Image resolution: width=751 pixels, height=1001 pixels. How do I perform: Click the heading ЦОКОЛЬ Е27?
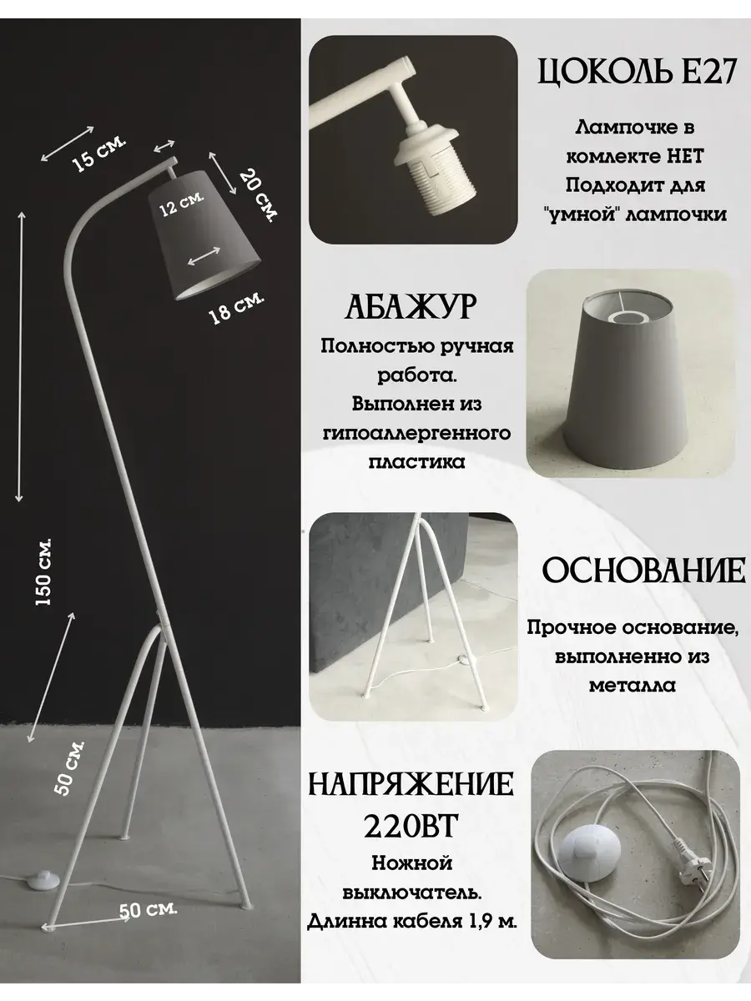click(x=637, y=72)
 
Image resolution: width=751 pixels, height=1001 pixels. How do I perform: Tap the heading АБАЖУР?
click(x=411, y=306)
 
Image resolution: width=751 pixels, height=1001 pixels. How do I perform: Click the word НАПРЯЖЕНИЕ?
click(x=411, y=783)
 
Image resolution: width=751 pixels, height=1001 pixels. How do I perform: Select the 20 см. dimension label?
click(x=258, y=195)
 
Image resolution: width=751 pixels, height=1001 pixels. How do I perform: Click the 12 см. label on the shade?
click(x=181, y=204)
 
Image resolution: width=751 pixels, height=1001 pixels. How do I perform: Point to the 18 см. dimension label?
click(x=236, y=307)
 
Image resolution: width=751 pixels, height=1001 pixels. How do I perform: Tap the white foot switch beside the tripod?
click(x=43, y=879)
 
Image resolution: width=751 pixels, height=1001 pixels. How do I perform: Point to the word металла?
click(x=632, y=686)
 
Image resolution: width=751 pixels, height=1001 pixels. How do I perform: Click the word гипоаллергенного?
click(x=416, y=433)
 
